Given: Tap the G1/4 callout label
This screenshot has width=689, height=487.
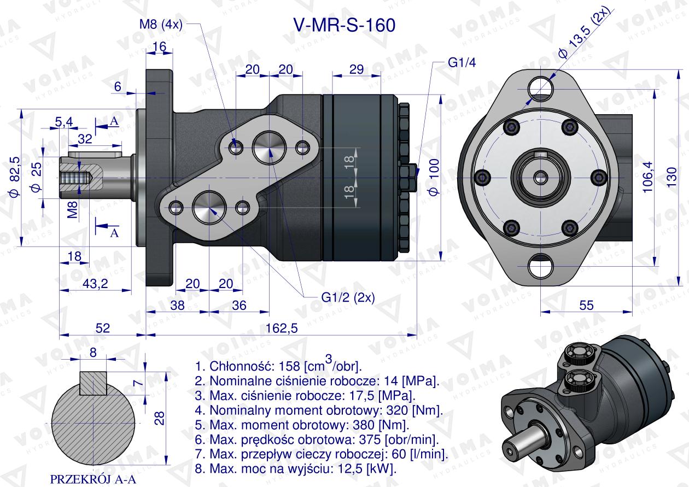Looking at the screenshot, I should click(462, 62).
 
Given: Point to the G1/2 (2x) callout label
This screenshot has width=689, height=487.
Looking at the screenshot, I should click(347, 298).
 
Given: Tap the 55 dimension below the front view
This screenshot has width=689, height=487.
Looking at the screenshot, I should click(586, 306).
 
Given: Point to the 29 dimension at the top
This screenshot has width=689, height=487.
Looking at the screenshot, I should click(356, 69).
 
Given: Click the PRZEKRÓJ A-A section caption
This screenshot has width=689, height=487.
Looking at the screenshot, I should click(92, 479).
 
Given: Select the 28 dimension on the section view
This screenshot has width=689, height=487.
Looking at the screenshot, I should click(159, 418).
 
